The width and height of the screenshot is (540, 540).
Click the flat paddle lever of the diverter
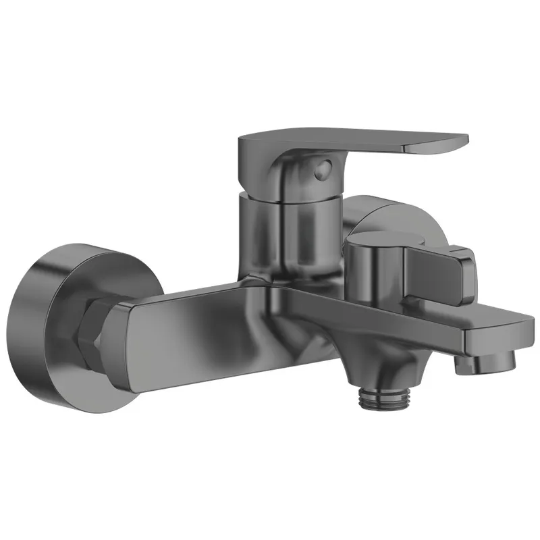[446, 270]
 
